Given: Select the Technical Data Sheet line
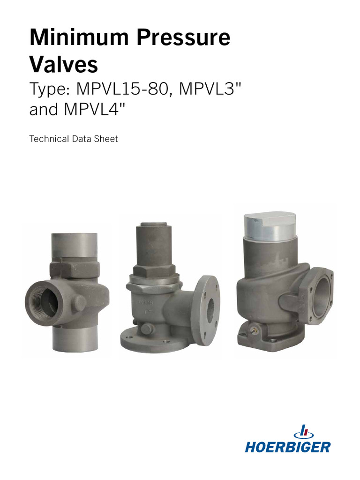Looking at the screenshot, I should coord(73,139).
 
